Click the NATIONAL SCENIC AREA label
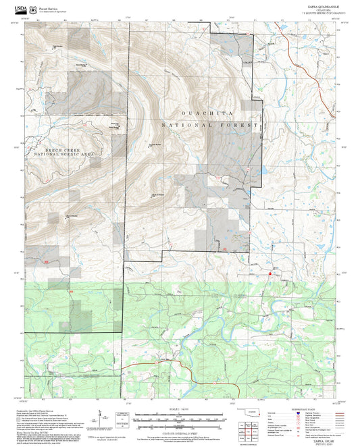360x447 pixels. pos(59,154)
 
